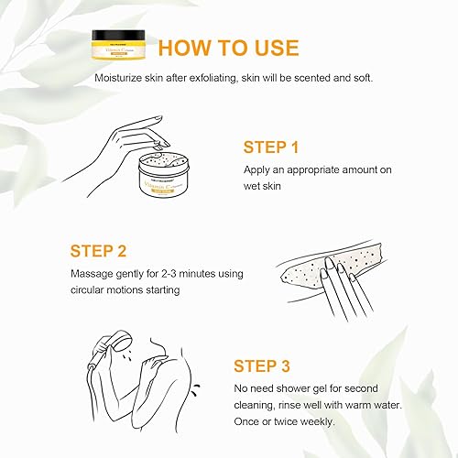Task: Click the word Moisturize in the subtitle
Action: pyautogui.click(x=125, y=78)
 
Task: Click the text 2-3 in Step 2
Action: pyautogui.click(x=173, y=274)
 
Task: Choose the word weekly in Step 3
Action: pyautogui.click(x=315, y=421)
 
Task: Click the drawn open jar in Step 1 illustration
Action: pyautogui.click(x=172, y=178)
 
